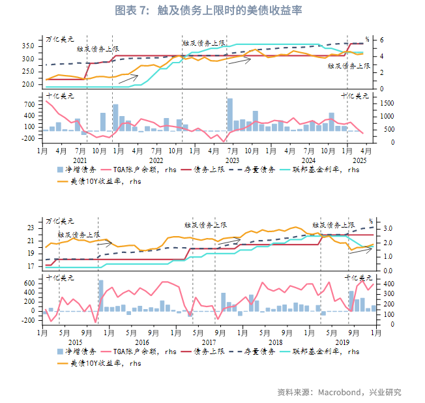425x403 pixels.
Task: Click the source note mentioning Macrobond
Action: tap(339, 392)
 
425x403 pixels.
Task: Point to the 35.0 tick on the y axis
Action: tap(27, 46)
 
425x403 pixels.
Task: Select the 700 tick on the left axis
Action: tap(29, 104)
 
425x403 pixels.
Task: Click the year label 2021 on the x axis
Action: tap(80, 160)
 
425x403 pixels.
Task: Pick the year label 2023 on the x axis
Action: tap(233, 160)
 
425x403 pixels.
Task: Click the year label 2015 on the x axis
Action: tap(74, 342)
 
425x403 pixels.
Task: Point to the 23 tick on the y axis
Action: tap(30, 228)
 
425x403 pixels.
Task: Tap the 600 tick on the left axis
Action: tap(29, 284)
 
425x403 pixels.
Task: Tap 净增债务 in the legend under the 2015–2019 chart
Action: tap(79, 351)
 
